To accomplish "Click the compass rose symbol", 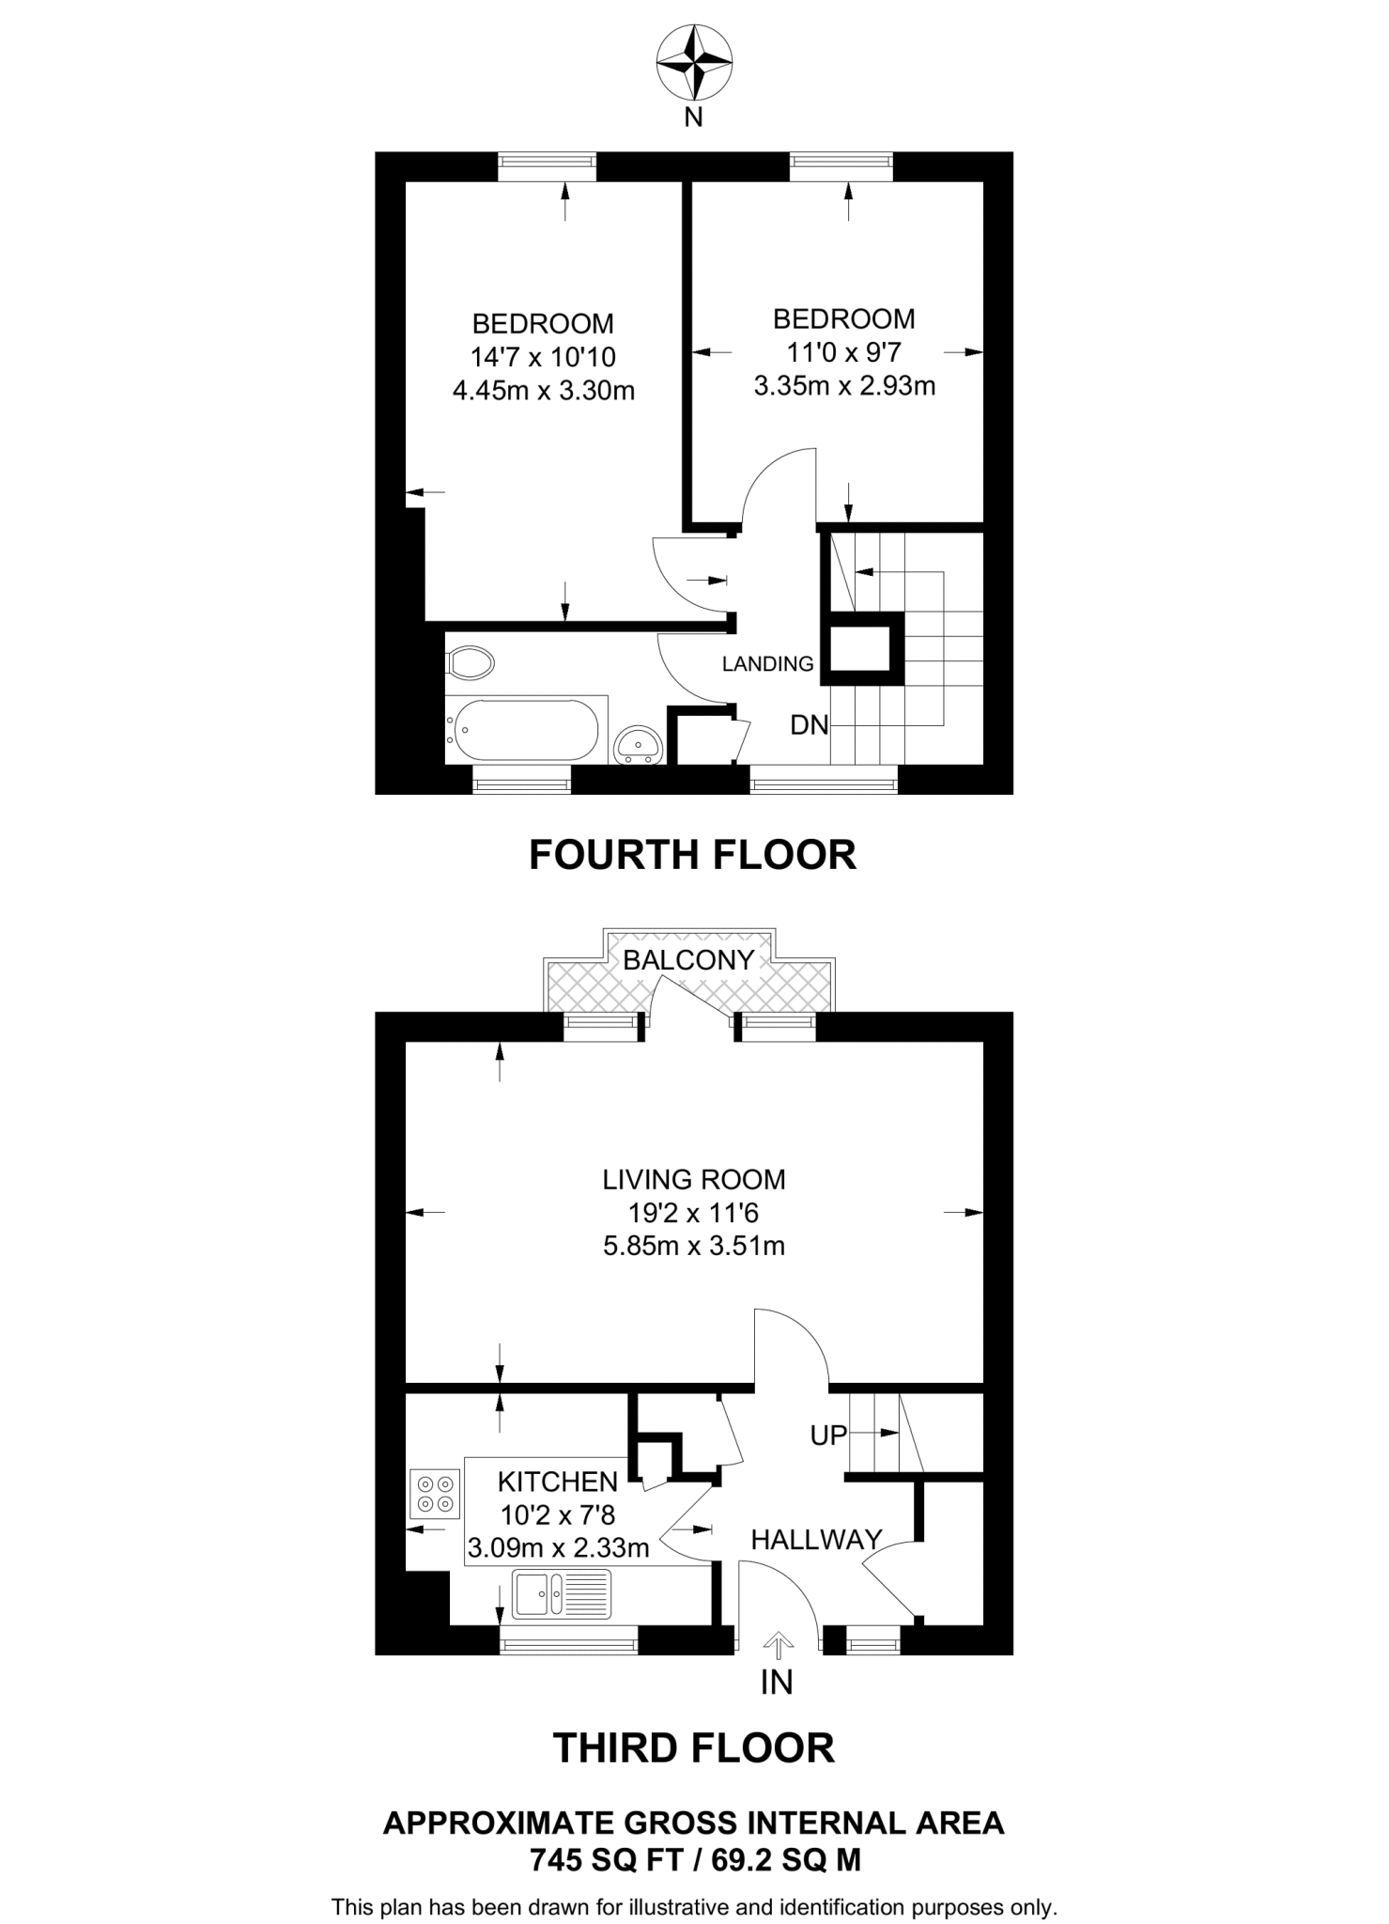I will [694, 63].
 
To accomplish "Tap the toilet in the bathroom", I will [471, 662].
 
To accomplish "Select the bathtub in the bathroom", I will [525, 730].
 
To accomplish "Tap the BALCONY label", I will [688, 959].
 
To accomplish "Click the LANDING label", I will [767, 664].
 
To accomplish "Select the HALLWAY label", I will [816, 1539].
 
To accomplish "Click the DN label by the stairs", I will [809, 724].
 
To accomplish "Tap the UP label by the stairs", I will [828, 1435].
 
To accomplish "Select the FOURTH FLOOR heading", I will [692, 855].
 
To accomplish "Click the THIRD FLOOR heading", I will [693, 1748].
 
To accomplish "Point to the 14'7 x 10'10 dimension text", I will [543, 357].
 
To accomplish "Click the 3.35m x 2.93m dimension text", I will [844, 386].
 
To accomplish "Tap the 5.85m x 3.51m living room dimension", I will [693, 1246].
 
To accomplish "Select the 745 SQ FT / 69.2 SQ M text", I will [694, 1860].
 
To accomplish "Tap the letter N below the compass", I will [693, 118].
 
